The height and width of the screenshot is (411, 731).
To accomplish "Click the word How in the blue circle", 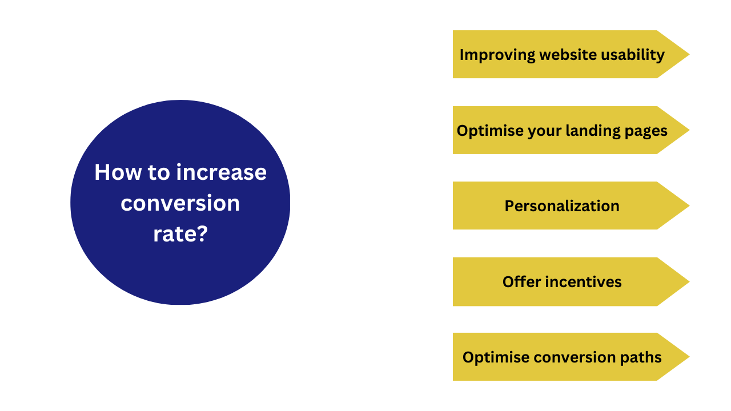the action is pos(118,172).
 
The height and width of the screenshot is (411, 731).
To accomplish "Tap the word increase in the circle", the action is pos(221,172).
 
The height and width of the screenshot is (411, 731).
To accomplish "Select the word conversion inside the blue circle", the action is pos(180,203).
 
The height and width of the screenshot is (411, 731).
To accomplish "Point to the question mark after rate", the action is pos(202,233).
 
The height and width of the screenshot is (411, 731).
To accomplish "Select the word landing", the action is pos(593,131).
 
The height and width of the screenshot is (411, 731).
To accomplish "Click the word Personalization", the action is pos(562,206).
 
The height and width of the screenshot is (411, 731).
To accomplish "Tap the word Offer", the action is pos(522,282).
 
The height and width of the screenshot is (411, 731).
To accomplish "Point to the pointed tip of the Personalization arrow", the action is pos(689,205).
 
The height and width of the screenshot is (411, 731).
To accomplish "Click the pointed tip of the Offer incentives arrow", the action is pos(689,281).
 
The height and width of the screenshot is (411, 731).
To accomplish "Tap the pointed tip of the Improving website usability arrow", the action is pos(689,54).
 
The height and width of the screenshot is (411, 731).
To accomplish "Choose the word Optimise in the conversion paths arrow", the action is pos(496,357).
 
